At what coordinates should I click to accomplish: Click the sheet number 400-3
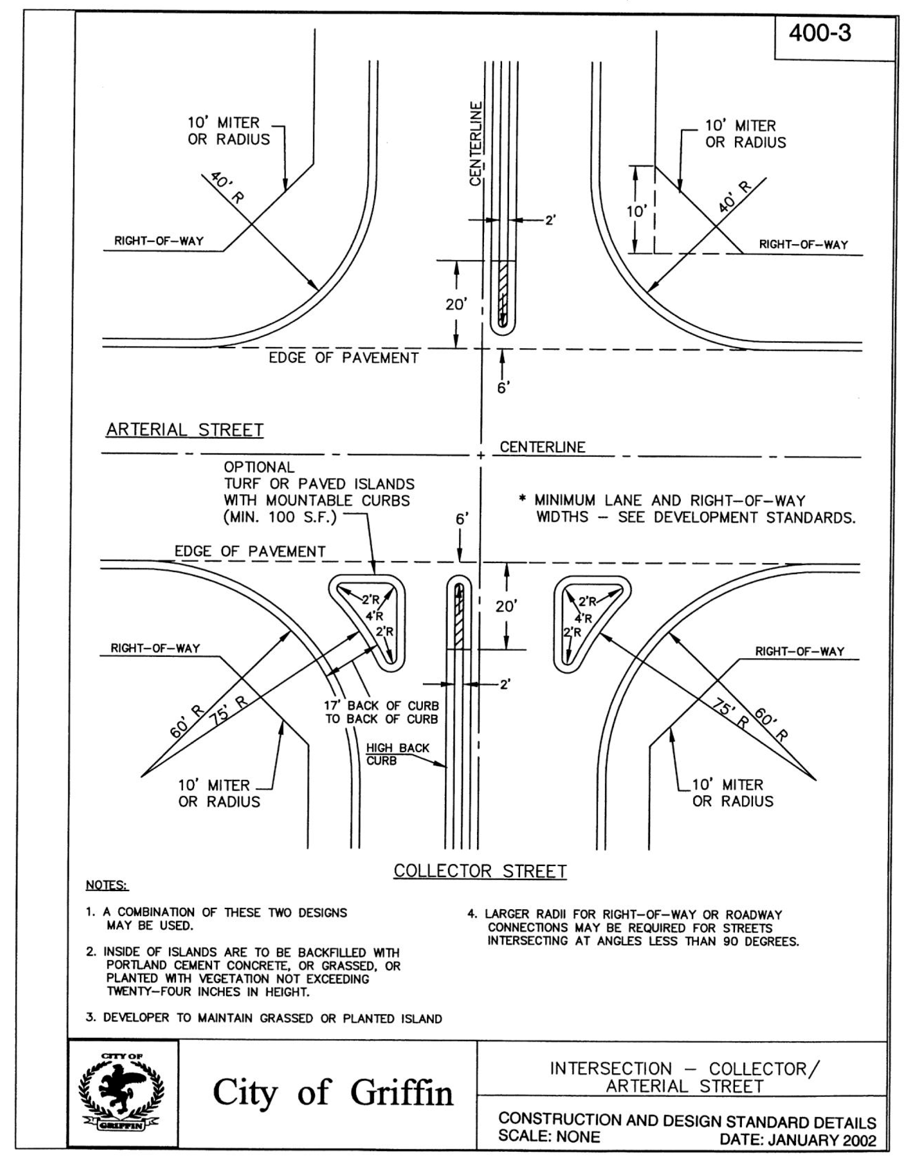[x=820, y=34]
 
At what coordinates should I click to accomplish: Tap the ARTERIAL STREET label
[x=185, y=430]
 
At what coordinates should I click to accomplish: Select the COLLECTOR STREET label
[x=480, y=871]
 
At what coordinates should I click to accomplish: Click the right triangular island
[x=585, y=617]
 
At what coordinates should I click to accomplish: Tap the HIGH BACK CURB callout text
[x=397, y=754]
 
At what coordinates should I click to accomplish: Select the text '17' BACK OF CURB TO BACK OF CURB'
[x=381, y=712]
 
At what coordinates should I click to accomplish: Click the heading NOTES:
[x=107, y=885]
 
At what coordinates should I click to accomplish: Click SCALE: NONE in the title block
[x=549, y=1136]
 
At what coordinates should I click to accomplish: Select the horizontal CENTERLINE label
[x=542, y=447]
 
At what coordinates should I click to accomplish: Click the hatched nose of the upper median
[x=502, y=293]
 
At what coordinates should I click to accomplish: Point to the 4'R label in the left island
[x=374, y=616]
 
